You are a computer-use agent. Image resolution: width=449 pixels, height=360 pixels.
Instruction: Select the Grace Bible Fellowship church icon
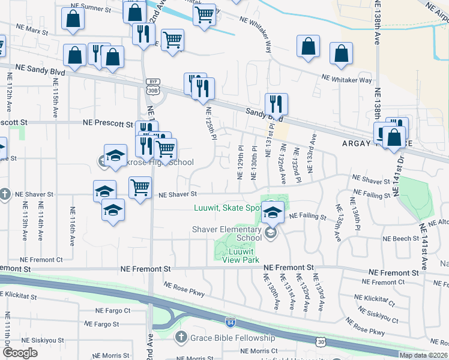[181, 337]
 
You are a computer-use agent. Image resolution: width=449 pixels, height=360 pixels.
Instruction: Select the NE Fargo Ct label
[113, 310]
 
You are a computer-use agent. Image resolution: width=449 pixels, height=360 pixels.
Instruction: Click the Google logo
[20, 353]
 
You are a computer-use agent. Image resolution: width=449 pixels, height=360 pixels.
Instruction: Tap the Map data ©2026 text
[423, 355]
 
